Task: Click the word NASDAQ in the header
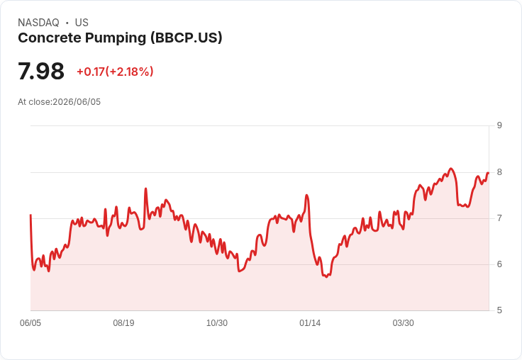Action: [x=38, y=23]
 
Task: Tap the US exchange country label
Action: [x=82, y=23]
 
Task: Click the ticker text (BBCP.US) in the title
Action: [x=186, y=38]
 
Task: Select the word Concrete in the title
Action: [x=50, y=38]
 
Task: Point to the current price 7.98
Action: [x=41, y=71]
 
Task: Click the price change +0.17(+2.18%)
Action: [x=115, y=72]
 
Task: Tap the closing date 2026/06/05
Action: [x=77, y=102]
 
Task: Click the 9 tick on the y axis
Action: [x=499, y=125]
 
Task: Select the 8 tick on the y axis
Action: [x=499, y=172]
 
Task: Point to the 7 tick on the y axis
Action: [x=499, y=218]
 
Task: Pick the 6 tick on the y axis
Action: [x=499, y=264]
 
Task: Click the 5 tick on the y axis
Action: [x=499, y=310]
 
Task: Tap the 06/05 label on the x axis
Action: [x=30, y=323]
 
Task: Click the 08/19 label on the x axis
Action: [x=123, y=323]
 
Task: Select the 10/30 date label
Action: [x=217, y=323]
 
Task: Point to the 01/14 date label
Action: [x=310, y=323]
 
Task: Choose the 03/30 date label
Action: [x=403, y=323]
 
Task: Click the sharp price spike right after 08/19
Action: [x=145, y=189]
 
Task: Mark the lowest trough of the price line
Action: [x=326, y=277]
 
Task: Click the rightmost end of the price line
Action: [x=488, y=173]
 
